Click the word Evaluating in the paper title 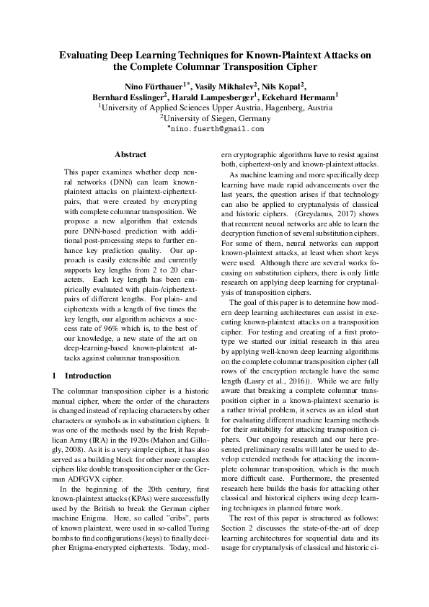(x=84, y=54)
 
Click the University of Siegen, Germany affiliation (x=215, y=118)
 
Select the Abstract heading (x=131, y=154)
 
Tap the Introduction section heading (x=88, y=376)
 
